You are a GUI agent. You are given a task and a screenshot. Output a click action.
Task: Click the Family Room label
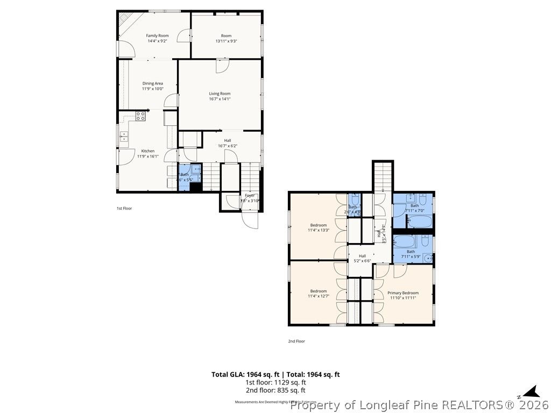pyautogui.click(x=157, y=35)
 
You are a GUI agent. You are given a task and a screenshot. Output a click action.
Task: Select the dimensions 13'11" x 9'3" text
pyautogui.click(x=226, y=41)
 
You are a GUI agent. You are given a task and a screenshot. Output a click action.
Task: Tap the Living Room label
pyautogui.click(x=220, y=94)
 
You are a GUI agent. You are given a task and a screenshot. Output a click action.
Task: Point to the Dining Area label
pyautogui.click(x=152, y=83)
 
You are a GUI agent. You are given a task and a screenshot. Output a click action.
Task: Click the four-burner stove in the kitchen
pyautogui.click(x=141, y=116)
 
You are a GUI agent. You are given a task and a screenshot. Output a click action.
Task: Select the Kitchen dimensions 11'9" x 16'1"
pyautogui.click(x=147, y=156)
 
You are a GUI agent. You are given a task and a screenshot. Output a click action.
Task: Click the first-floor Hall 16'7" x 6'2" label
pyautogui.click(x=228, y=143)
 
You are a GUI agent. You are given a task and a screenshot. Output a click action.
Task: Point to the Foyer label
pyautogui.click(x=250, y=195)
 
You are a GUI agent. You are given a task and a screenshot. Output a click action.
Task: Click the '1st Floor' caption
pyautogui.click(x=124, y=208)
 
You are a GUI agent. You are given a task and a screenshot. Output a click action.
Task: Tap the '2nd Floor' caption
pyautogui.click(x=297, y=341)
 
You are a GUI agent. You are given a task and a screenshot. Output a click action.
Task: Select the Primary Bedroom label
pyautogui.click(x=403, y=293)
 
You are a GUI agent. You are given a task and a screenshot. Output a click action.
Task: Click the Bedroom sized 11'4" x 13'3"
pyautogui.click(x=318, y=225)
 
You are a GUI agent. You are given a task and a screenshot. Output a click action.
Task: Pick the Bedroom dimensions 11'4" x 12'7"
pyautogui.click(x=318, y=296)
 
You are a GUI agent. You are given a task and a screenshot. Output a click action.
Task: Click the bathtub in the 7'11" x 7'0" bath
pyautogui.click(x=419, y=222)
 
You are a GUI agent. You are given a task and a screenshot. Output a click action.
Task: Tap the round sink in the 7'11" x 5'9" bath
pyautogui.click(x=428, y=258)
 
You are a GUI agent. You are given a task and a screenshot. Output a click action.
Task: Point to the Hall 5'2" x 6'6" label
pyautogui.click(x=362, y=258)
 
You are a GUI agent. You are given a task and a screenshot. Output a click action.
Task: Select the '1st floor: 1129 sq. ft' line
pyautogui.click(x=275, y=382)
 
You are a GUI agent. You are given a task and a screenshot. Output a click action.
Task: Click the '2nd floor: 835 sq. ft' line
pyautogui.click(x=275, y=390)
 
